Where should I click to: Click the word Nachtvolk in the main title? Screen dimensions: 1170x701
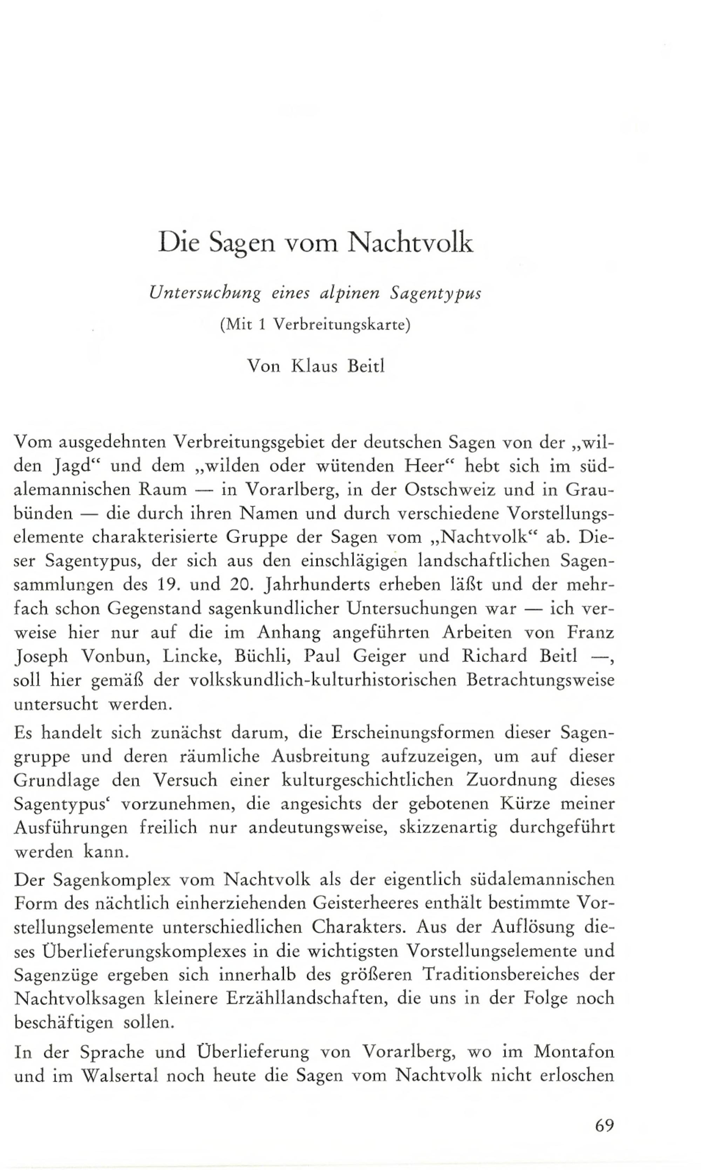pyautogui.click(x=410, y=243)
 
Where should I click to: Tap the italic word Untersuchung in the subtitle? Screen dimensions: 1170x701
pyautogui.click(x=205, y=294)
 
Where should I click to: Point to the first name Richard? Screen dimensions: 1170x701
pyautogui.click(x=495, y=656)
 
